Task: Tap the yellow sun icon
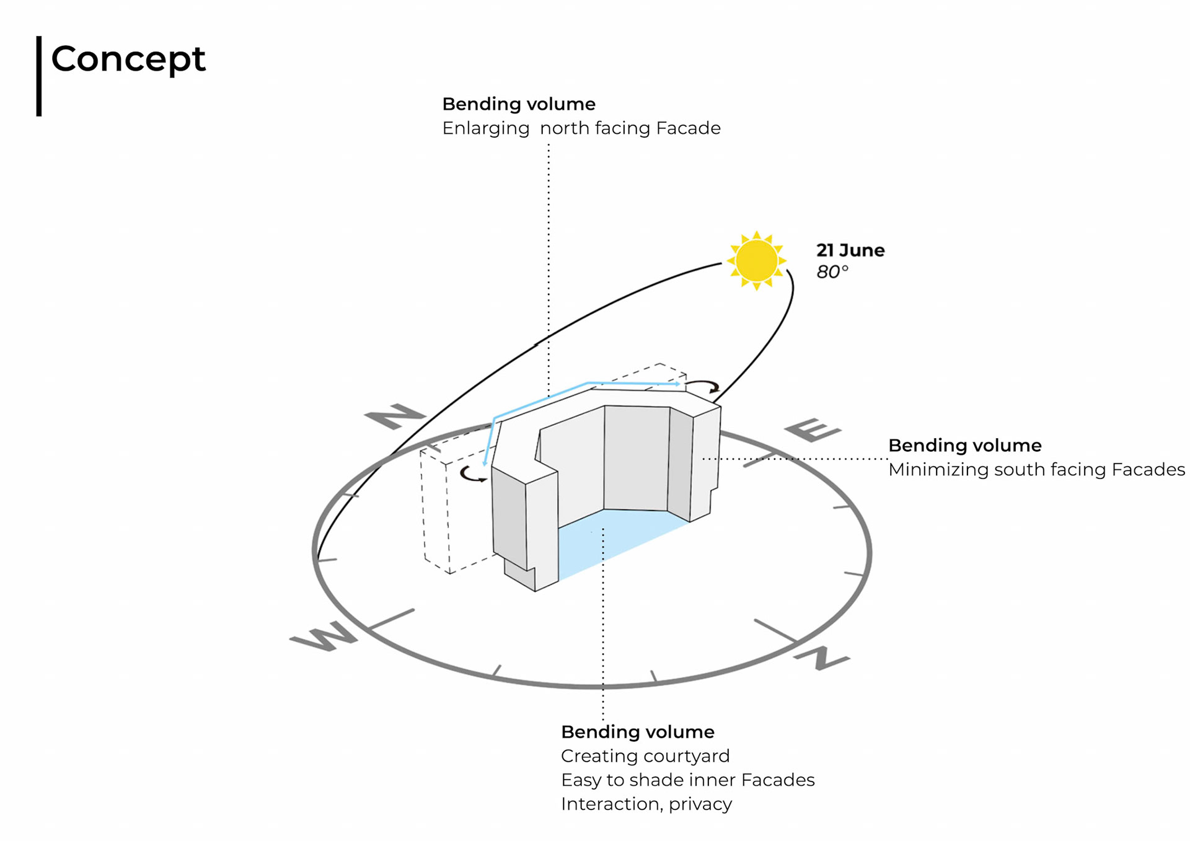756,261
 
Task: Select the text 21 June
850,250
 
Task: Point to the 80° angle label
832,272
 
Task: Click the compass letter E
813,429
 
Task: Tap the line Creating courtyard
645,756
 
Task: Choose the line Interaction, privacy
646,804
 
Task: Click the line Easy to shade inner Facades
687,780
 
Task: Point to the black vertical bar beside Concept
39,76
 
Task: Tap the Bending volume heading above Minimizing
964,446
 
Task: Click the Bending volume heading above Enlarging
518,104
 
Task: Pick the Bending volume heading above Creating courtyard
637,732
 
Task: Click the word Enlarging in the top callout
485,128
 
